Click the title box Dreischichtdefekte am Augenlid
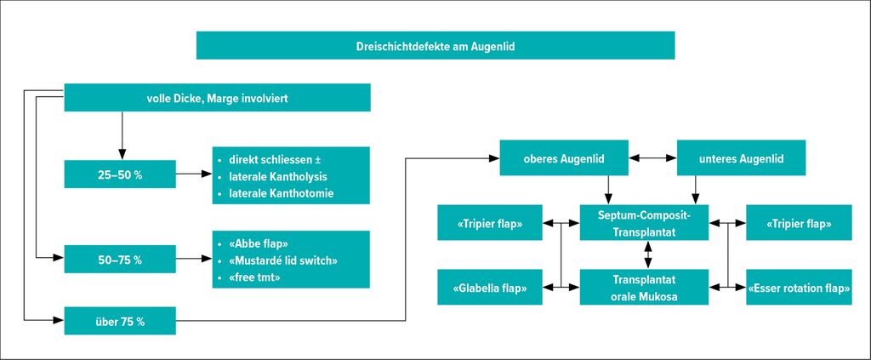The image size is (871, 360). click(x=435, y=45)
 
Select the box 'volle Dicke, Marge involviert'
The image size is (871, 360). click(x=217, y=98)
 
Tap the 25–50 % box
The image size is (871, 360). click(x=120, y=174)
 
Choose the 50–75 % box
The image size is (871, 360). click(x=120, y=259)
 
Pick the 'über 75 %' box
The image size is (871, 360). click(x=120, y=321)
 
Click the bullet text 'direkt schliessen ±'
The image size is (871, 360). click(x=275, y=161)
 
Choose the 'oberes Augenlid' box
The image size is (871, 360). click(x=565, y=158)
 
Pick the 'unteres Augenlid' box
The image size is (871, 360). click(x=742, y=158)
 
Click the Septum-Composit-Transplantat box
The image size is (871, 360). click(x=645, y=222)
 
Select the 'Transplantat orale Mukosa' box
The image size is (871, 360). click(x=645, y=287)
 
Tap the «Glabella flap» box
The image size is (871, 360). click(x=490, y=287)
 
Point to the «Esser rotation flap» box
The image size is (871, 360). click(x=799, y=287)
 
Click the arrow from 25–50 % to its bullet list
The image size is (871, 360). click(x=194, y=174)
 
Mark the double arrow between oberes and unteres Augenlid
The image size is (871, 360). click(x=652, y=158)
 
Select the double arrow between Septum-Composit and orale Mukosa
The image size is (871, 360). click(x=647, y=254)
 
